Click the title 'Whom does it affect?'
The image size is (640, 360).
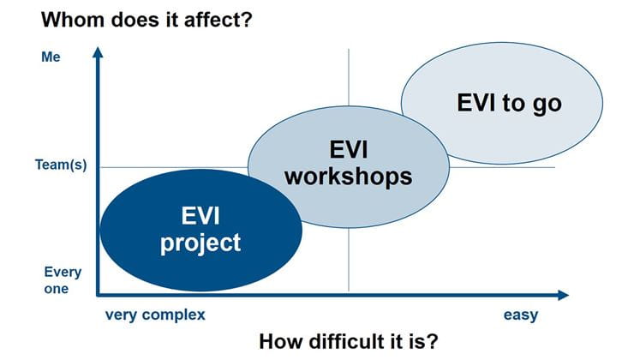[147, 18]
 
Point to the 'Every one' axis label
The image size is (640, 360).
[63, 280]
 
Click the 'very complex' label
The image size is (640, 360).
[155, 315]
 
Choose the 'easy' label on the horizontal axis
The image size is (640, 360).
[520, 315]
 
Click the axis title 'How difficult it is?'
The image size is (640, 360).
[349, 340]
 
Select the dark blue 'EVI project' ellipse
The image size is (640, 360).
[201, 230]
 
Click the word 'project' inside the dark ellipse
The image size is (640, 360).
[201, 243]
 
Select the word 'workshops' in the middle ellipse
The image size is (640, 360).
[348, 177]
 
